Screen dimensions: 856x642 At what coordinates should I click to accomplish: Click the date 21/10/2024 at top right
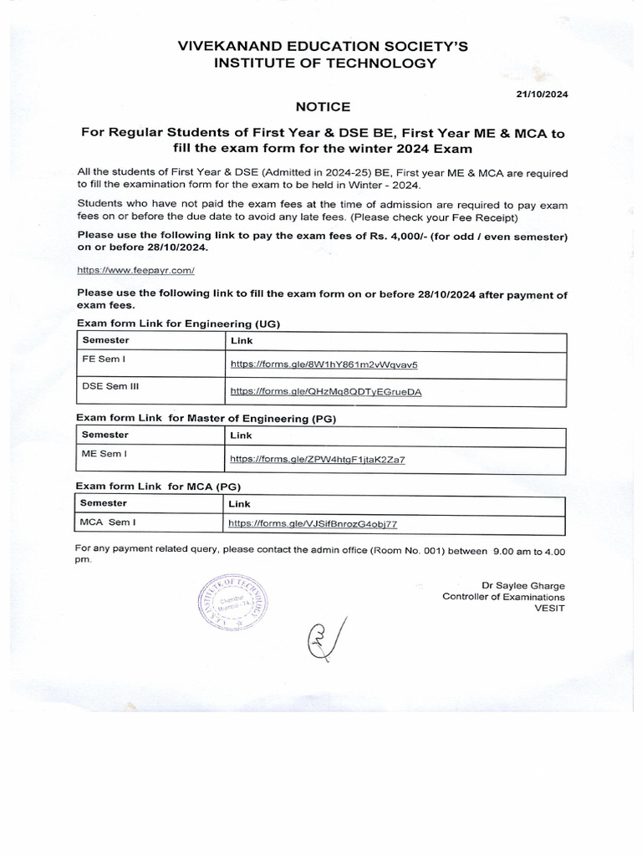(541, 94)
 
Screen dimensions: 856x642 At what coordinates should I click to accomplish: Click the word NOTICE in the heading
(324, 107)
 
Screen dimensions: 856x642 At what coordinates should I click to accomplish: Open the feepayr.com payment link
(135, 271)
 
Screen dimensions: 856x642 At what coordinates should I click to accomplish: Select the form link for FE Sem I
(324, 364)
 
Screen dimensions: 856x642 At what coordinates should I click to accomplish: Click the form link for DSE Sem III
(326, 390)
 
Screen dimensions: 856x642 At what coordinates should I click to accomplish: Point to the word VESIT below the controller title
(549, 609)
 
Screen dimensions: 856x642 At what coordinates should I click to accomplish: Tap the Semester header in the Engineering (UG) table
(105, 341)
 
